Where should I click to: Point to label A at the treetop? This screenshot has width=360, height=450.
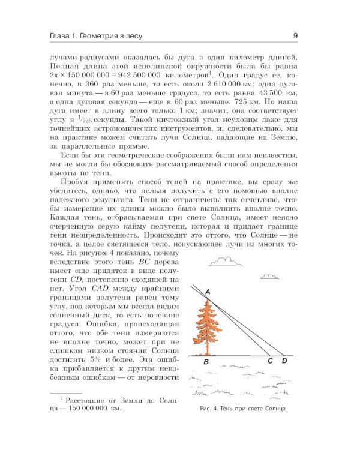coord(207,292)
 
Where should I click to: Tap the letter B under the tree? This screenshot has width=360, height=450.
coord(206,362)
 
